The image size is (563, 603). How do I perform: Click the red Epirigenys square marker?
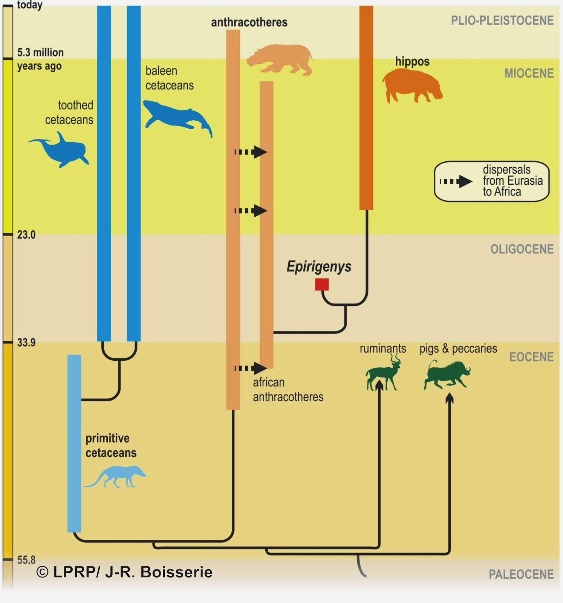point(322,285)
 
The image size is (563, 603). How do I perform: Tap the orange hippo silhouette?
point(412,87)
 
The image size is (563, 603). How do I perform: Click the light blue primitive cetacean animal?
point(115,476)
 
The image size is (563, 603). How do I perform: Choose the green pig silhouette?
point(447,374)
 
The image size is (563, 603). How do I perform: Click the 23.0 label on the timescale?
point(26,235)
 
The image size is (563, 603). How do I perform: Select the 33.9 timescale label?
point(26,343)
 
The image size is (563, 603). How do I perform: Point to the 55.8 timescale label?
point(26,560)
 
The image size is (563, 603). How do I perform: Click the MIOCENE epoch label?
point(529,73)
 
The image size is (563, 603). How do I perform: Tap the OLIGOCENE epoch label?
point(522,249)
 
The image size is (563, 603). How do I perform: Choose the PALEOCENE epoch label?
point(521,574)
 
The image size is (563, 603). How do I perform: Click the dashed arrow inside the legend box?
point(456,182)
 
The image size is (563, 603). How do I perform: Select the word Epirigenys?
point(319,266)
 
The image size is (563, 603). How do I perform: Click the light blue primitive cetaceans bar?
point(74,443)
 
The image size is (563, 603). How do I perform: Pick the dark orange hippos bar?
point(366,107)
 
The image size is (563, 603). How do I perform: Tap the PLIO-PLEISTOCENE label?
point(502,20)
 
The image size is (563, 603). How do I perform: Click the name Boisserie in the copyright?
point(176,572)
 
